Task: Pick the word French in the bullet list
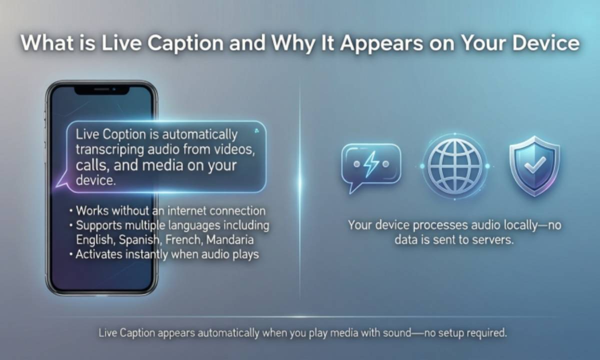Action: click(x=179, y=239)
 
